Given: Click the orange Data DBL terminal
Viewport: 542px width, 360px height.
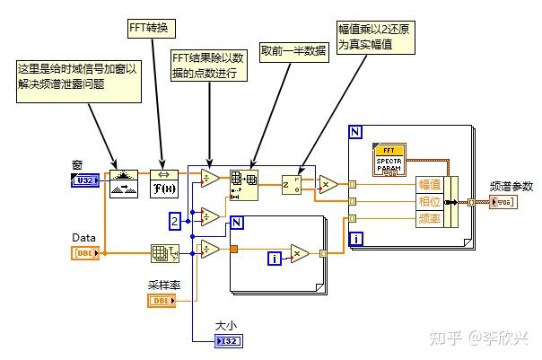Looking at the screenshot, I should tap(86, 253).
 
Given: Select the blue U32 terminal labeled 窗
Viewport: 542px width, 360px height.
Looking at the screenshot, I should tap(86, 182).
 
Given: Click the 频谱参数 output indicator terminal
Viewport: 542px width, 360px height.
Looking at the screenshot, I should tap(503, 203).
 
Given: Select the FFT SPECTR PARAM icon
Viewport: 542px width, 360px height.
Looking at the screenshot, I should tap(390, 160).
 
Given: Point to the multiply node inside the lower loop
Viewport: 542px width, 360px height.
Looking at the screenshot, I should tap(300, 254).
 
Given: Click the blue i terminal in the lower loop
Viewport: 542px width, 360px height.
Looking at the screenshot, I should tap(275, 259).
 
